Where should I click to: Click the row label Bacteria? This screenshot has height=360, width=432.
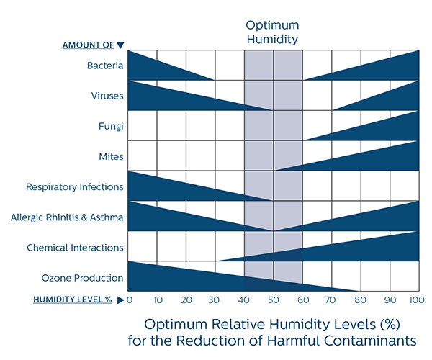pos(105,66)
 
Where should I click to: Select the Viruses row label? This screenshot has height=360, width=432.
pos(107,96)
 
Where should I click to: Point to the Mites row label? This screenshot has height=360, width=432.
pos(111,156)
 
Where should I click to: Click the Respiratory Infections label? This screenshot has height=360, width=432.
pos(75,187)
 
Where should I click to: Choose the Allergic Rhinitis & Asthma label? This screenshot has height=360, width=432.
pos(68,217)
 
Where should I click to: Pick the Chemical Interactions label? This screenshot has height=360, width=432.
pos(75,248)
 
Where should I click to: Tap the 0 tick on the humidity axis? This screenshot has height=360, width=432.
pos(130,300)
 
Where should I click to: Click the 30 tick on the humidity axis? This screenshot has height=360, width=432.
pos(215,300)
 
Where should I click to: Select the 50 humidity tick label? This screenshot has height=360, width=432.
pos(274,300)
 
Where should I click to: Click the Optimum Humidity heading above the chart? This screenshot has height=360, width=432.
pos(273,32)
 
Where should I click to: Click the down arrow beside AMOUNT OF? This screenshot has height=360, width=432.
pos(121,45)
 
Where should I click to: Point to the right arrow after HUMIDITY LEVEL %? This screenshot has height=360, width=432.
pos(120,300)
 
